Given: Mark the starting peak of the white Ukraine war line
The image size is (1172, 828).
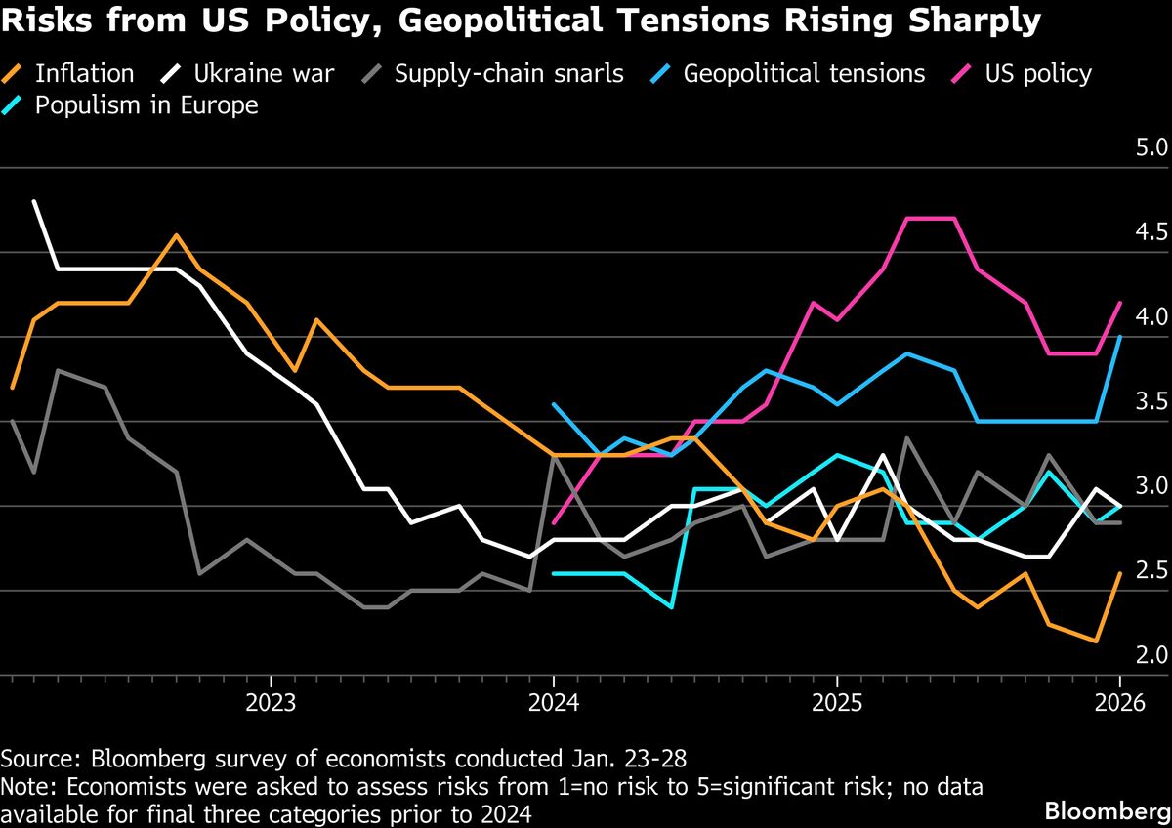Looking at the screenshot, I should (x=35, y=201).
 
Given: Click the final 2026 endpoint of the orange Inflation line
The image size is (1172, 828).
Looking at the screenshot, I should (x=1119, y=573).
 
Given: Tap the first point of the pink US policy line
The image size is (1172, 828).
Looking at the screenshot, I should (x=554, y=523).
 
